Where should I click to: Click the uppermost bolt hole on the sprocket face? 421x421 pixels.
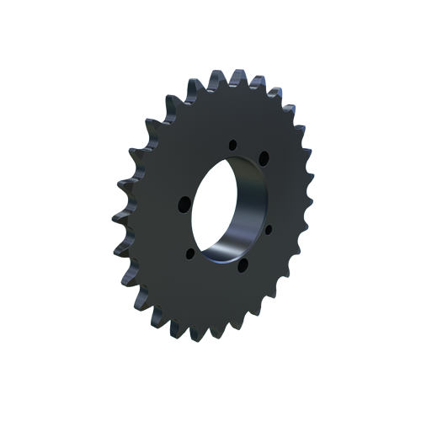(x=232, y=145)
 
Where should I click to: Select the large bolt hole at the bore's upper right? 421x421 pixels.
(x=263, y=157)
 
